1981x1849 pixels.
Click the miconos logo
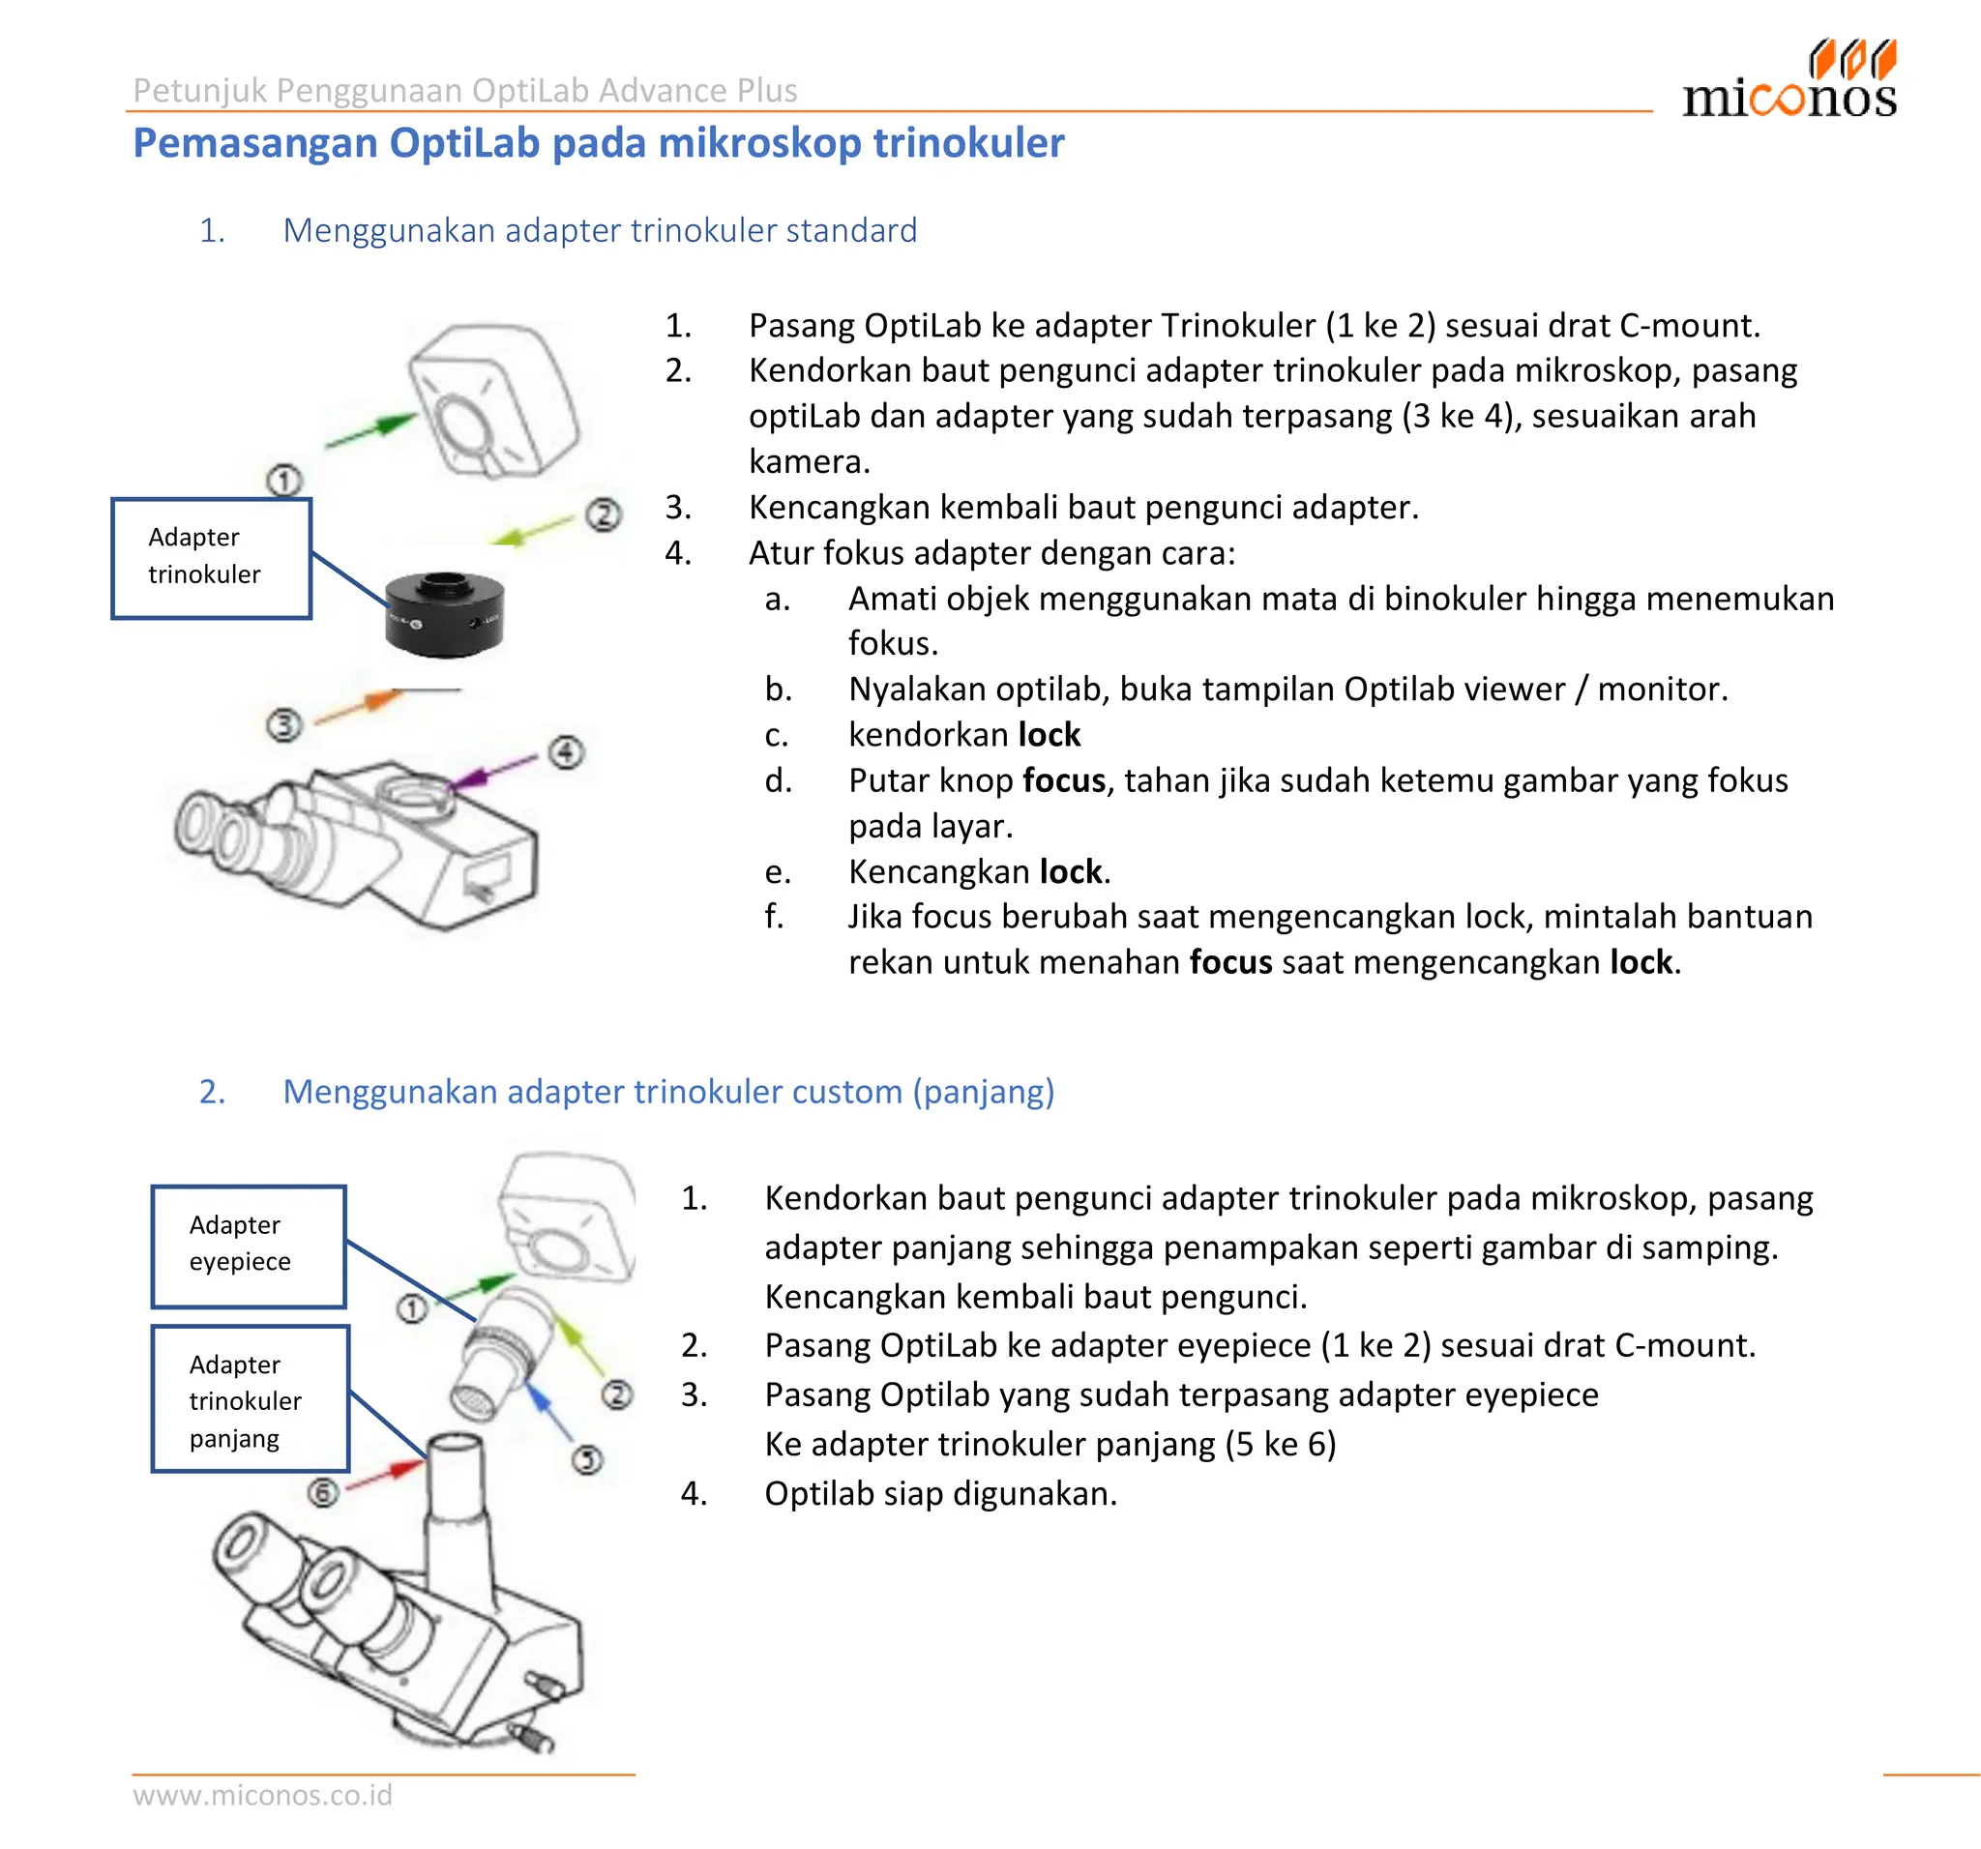tap(1789, 81)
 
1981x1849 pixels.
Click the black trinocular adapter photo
tap(444, 614)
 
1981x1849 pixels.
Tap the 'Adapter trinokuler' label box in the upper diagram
tap(211, 558)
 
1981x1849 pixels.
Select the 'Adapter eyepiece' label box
tap(249, 1246)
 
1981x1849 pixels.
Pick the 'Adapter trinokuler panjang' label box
tap(251, 1397)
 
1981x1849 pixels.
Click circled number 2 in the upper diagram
tap(603, 514)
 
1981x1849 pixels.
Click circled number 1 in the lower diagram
tap(411, 1308)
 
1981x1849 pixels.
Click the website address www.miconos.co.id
tap(262, 1794)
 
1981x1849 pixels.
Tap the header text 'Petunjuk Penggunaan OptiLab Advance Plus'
tap(464, 90)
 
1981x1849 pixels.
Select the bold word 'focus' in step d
tap(1063, 780)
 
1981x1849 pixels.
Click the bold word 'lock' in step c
tap(1049, 734)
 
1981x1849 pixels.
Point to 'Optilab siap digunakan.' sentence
tap(939, 1493)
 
